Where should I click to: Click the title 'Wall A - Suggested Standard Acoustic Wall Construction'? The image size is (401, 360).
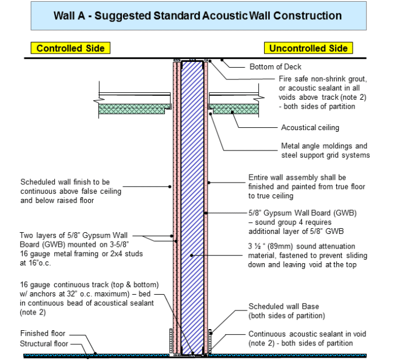click(x=198, y=16)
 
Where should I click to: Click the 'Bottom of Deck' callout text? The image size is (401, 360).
click(x=275, y=67)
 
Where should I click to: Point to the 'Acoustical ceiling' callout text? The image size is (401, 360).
click(x=310, y=127)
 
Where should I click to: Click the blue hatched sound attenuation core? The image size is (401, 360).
click(x=192, y=204)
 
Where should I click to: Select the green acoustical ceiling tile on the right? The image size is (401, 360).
click(x=235, y=108)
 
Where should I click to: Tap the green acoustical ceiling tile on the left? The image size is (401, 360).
click(x=134, y=108)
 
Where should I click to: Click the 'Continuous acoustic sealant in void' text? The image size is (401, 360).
click(x=307, y=334)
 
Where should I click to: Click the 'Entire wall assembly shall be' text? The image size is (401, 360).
click(x=297, y=177)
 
